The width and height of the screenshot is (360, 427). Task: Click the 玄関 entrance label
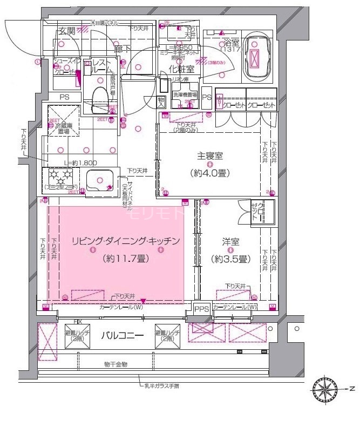(x=66, y=31)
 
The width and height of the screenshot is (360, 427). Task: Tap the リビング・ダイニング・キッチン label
(x=125, y=241)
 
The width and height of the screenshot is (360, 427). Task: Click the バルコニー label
(x=123, y=336)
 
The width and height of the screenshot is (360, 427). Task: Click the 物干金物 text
(x=115, y=365)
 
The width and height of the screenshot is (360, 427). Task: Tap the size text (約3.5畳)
(x=230, y=259)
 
